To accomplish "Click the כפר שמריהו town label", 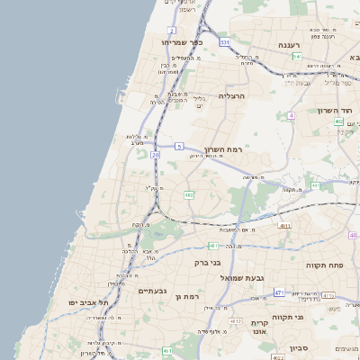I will click(183, 42).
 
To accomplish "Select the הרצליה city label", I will click(232, 94).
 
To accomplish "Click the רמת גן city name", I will click(187, 296).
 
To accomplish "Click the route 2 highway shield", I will click(171, 30).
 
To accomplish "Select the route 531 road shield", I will click(224, 42).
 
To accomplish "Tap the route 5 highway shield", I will click(179, 146).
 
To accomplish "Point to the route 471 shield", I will click(279, 292).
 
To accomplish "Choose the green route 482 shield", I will click(189, 194).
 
